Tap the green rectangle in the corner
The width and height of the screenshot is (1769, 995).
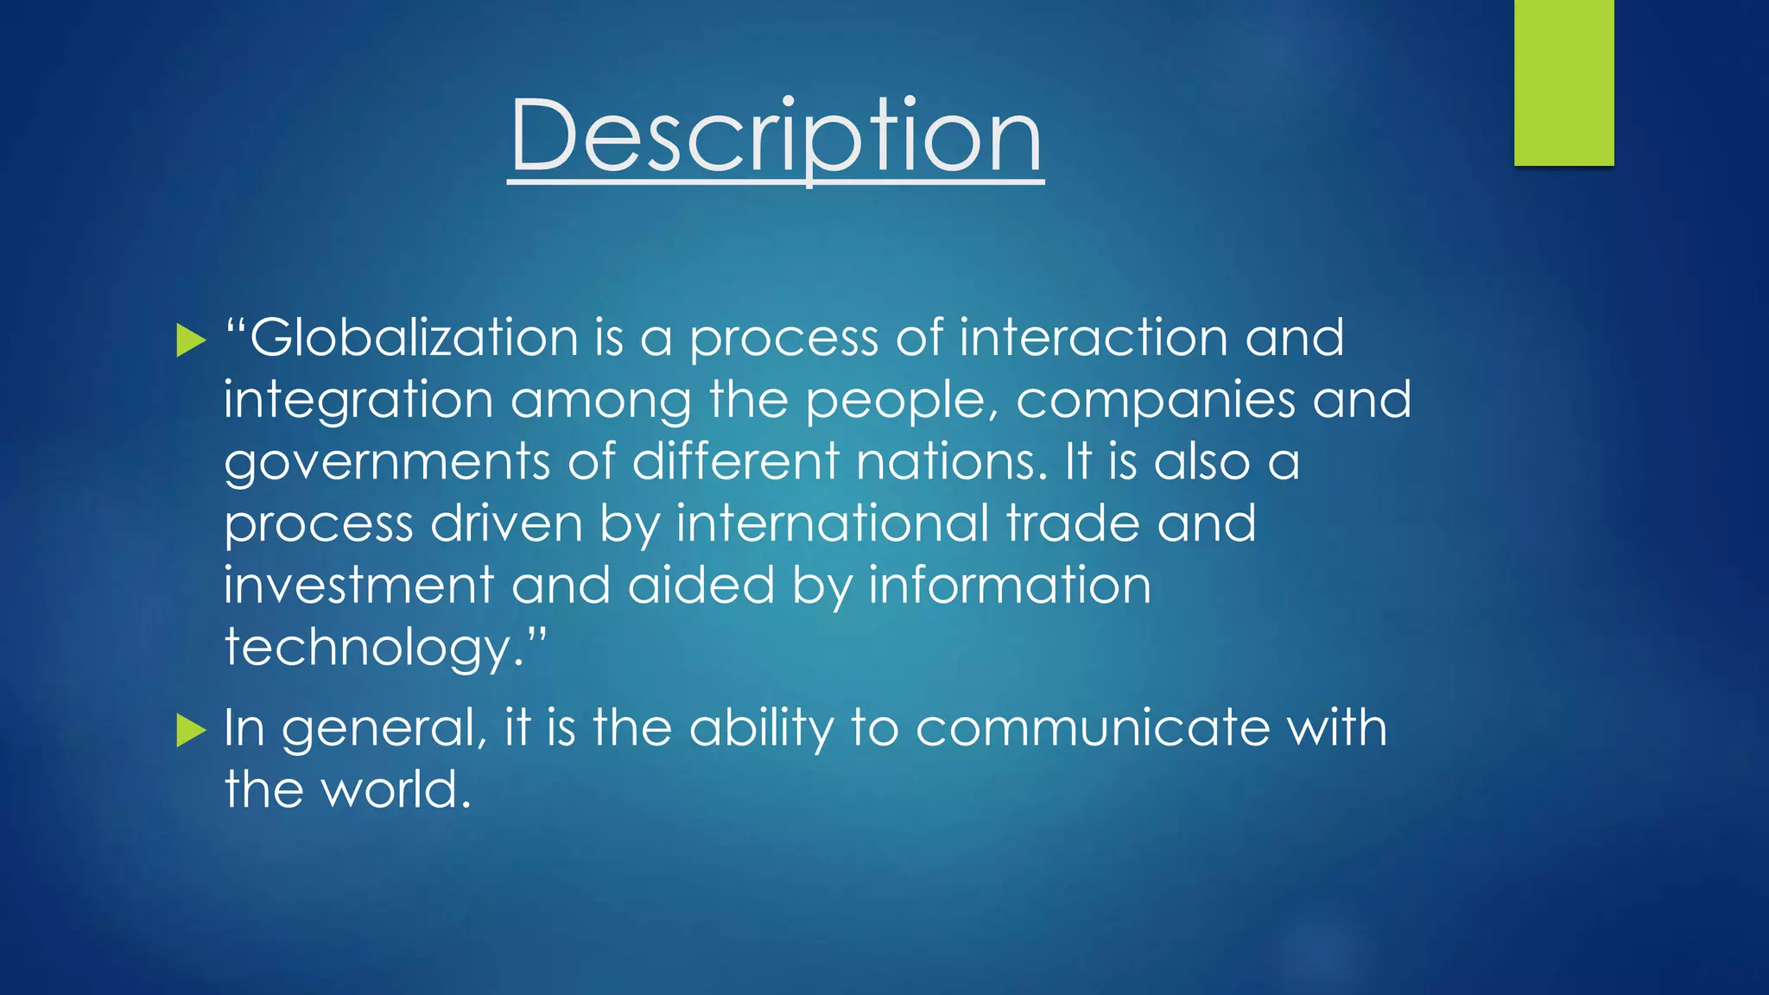[x=1563, y=83]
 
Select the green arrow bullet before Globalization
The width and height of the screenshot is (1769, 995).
[x=191, y=340]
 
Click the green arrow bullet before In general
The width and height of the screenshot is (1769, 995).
[x=191, y=731]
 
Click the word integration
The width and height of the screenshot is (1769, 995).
[x=358, y=401]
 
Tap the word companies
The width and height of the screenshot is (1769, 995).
[x=1155, y=401]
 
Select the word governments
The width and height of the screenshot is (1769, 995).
[x=387, y=463]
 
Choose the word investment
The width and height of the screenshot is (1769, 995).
[x=358, y=586]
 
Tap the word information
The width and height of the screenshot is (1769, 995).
[x=1009, y=586]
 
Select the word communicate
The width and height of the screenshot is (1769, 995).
[x=1093, y=727]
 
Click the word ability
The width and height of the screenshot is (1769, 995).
[x=761, y=729]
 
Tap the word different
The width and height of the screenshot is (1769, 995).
[x=735, y=461]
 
